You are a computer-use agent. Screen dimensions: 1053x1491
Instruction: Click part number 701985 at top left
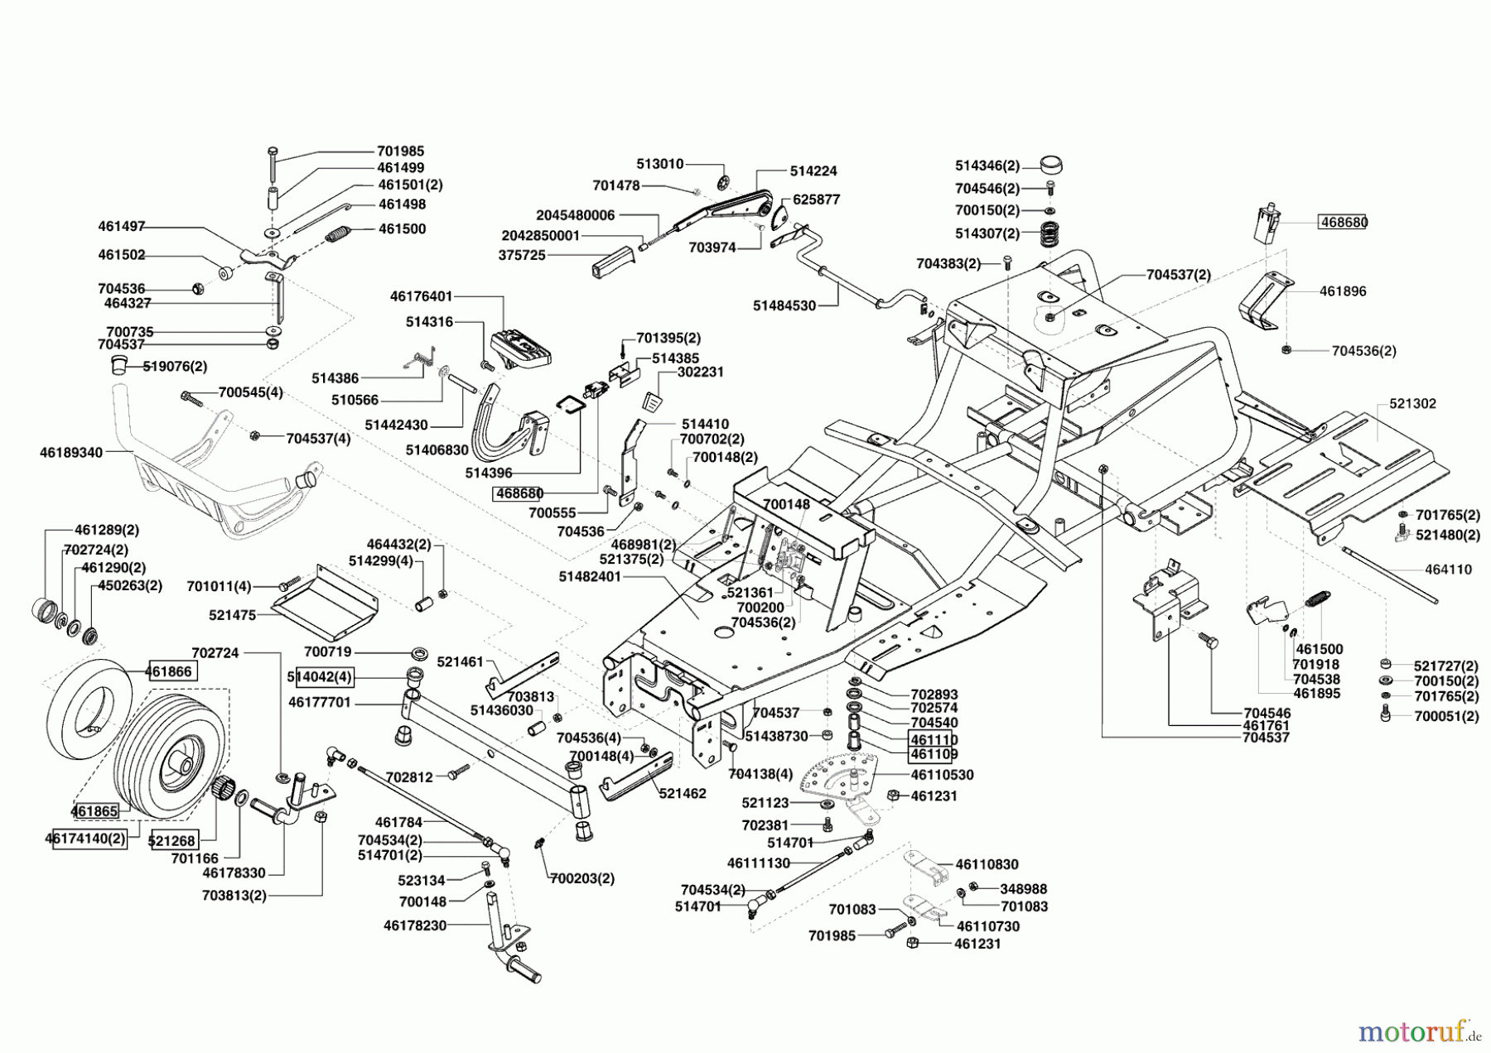tap(400, 151)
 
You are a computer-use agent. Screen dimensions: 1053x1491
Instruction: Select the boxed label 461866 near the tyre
tap(171, 671)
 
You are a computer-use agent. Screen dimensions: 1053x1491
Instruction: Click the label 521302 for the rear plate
tap(1412, 404)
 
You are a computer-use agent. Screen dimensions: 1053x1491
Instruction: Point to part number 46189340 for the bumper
tap(71, 453)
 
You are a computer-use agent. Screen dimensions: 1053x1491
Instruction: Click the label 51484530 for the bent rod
tap(784, 305)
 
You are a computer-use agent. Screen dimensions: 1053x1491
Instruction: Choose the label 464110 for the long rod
tap(1449, 570)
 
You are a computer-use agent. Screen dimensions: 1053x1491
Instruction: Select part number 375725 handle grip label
tap(522, 256)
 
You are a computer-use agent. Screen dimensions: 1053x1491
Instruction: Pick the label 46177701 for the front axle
tap(320, 703)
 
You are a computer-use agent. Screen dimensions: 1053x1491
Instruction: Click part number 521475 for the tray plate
tap(232, 615)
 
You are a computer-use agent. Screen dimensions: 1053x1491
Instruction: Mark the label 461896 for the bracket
tap(1343, 291)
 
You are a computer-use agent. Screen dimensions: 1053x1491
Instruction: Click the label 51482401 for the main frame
tap(590, 577)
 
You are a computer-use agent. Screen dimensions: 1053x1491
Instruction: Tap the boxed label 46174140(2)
tap(85, 839)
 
